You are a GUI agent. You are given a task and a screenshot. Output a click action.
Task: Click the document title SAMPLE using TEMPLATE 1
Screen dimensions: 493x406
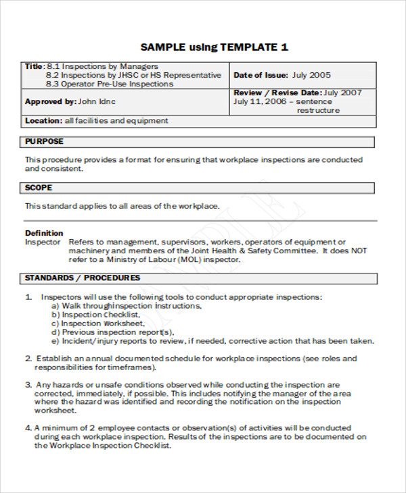point(214,47)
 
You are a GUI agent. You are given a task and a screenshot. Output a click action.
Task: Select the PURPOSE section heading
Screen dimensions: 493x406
point(44,142)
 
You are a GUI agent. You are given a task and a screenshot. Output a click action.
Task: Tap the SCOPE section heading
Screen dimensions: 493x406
point(39,188)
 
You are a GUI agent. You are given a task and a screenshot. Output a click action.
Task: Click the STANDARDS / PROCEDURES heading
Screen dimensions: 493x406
point(83,278)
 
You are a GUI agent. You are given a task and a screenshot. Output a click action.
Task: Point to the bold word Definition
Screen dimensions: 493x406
point(44,233)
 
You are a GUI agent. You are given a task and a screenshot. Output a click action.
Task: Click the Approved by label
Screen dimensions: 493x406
point(50,102)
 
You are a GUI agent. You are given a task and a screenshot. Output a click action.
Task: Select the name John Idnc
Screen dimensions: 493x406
point(97,102)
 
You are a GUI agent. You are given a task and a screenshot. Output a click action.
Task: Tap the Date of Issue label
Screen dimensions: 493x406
point(261,75)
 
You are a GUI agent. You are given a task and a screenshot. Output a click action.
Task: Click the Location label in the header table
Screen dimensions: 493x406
point(44,121)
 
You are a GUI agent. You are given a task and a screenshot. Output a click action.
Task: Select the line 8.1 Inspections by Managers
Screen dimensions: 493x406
point(102,66)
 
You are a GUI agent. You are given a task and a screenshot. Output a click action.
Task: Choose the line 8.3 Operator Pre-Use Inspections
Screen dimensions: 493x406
point(109,84)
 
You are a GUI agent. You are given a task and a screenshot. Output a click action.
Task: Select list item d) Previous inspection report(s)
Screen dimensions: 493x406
point(112,332)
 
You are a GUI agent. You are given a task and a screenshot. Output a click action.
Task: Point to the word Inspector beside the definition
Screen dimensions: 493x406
point(43,242)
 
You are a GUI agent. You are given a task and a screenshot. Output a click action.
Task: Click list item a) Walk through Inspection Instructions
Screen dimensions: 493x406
point(126,306)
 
